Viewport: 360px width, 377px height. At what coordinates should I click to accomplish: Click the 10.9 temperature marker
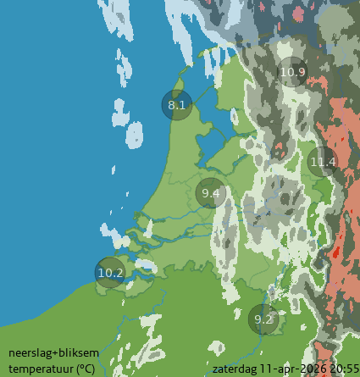[x=292, y=72]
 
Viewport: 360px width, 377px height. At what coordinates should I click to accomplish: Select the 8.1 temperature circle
[x=177, y=105]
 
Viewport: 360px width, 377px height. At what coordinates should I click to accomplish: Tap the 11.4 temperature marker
[x=323, y=161]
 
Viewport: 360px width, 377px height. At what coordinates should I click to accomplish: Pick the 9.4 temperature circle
[x=211, y=194]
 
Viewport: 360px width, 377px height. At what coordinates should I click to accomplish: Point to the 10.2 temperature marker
[x=110, y=273]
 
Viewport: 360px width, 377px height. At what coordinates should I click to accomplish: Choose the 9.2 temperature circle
[x=264, y=319]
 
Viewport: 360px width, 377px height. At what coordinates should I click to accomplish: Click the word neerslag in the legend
[x=29, y=353]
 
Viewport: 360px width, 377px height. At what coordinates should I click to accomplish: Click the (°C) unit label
[x=86, y=368]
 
